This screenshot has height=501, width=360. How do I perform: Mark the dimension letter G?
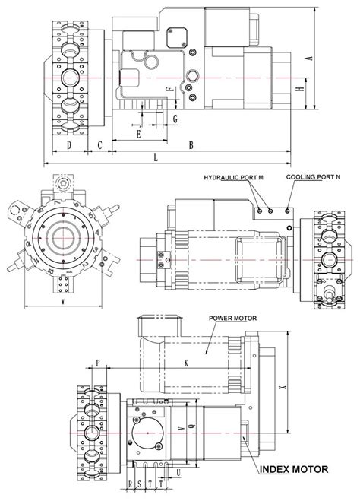click(175, 119)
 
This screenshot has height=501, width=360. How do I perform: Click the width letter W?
click(62, 302)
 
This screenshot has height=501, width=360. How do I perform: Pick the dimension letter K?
click(186, 363)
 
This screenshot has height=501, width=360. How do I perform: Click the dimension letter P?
click(98, 363)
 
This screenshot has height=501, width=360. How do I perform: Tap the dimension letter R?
click(131, 484)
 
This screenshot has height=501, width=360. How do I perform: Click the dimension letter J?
click(134, 119)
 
